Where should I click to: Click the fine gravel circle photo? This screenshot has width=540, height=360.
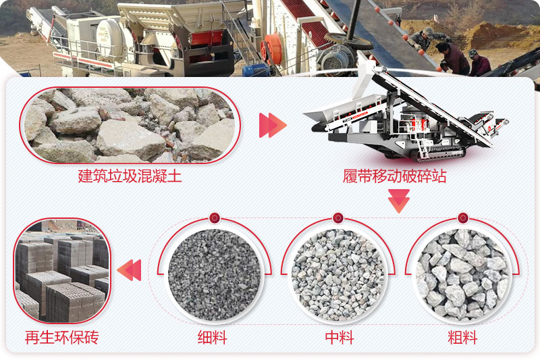click(x=214, y=274)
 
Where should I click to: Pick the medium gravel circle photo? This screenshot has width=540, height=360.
click(x=338, y=274)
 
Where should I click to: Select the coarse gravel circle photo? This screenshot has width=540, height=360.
click(x=462, y=274)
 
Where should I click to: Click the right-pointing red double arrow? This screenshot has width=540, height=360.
click(x=273, y=125)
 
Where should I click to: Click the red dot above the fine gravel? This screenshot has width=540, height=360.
click(x=215, y=217)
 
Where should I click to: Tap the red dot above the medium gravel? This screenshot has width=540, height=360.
click(x=338, y=217)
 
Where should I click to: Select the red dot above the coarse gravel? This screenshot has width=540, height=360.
click(x=462, y=217)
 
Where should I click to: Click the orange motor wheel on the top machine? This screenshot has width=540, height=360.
click(x=272, y=49)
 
